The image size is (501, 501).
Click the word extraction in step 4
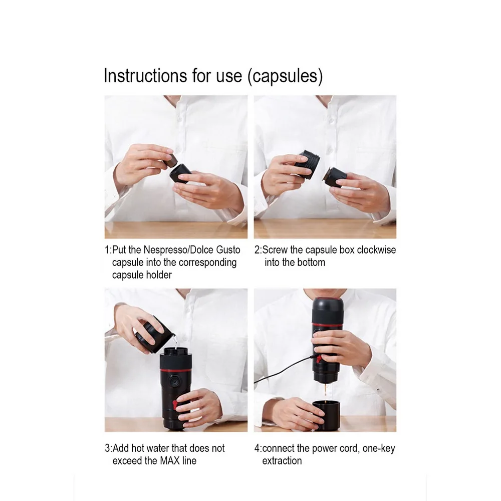pyautogui.click(x=282, y=460)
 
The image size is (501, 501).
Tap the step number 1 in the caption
pyautogui.click(x=107, y=249)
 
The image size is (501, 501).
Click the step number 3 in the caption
pyautogui.click(x=107, y=448)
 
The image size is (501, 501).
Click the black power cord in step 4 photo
pyautogui.click(x=281, y=370)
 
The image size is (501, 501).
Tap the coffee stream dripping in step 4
pyautogui.click(x=326, y=390)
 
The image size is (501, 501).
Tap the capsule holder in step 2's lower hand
pyautogui.click(x=335, y=178)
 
